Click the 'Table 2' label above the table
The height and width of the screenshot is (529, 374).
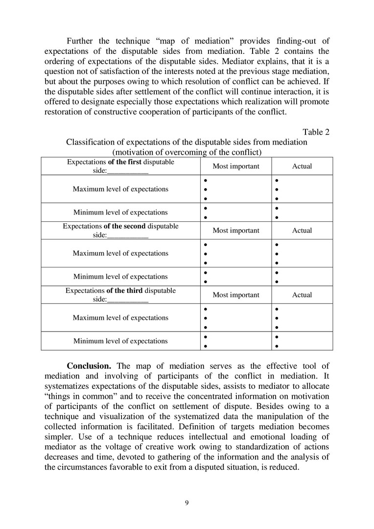point(316,132)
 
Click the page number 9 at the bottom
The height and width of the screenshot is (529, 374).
point(187,503)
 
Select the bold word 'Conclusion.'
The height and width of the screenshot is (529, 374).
point(89,366)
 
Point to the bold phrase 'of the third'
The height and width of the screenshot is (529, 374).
point(125,290)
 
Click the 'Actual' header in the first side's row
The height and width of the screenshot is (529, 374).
point(302,167)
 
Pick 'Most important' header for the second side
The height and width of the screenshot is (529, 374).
point(236,231)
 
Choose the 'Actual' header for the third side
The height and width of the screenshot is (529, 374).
point(302,295)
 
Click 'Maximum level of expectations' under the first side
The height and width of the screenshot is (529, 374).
point(120,189)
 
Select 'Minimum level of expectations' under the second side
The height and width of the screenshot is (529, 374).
point(120,277)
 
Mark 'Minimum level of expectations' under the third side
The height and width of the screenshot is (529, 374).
point(120,341)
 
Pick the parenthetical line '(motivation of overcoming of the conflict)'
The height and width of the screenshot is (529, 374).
point(187,152)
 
